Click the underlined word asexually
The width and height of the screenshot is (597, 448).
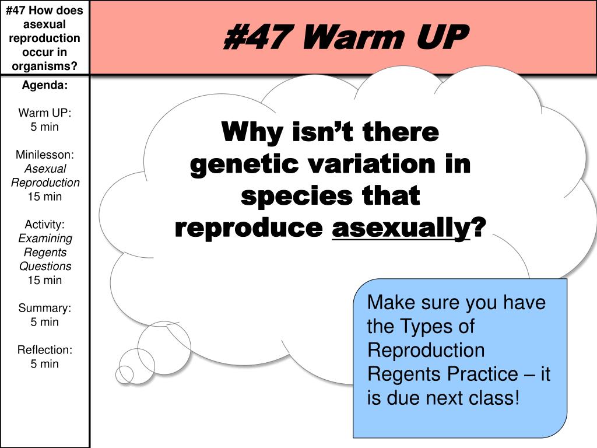(401, 228)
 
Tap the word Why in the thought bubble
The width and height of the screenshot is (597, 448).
(252, 132)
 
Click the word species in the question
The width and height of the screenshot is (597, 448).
(297, 197)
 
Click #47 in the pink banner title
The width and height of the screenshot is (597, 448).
(258, 37)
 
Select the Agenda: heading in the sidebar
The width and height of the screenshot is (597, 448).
(44, 85)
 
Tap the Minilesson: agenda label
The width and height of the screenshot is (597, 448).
(44, 154)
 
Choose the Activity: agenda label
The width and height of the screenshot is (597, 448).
(44, 225)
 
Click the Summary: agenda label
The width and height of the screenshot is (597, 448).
(44, 308)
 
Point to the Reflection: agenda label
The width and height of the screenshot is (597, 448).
(44, 350)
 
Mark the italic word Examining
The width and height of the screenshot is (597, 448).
(45, 239)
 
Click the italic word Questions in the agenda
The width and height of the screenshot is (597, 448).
(45, 266)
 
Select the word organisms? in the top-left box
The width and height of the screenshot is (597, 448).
(44, 66)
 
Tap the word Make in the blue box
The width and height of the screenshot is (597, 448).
(391, 303)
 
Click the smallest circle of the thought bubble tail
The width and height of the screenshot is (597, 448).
(125, 374)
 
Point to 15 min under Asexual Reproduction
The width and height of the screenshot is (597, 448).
(44, 197)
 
